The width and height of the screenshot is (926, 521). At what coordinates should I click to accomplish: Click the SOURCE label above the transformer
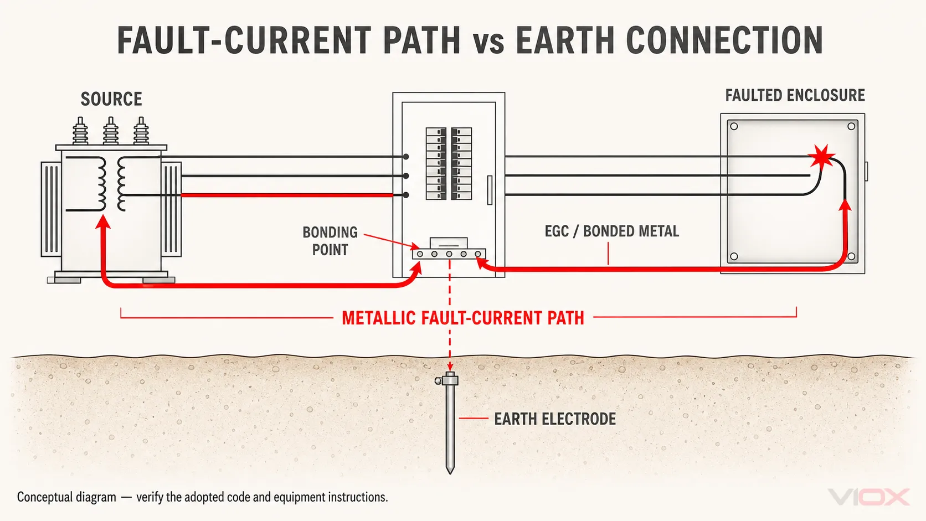[111, 99]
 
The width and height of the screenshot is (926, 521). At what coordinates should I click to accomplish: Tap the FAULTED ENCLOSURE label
[795, 95]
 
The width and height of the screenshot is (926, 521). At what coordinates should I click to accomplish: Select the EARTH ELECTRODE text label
[555, 419]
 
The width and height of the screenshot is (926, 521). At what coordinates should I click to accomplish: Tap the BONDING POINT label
[330, 241]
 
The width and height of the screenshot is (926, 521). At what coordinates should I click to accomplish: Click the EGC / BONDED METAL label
[612, 231]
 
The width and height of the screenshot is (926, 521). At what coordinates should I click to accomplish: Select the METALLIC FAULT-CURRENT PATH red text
[463, 318]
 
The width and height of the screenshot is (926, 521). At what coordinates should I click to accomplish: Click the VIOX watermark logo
[868, 497]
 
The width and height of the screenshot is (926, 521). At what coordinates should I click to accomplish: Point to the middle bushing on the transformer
[110, 131]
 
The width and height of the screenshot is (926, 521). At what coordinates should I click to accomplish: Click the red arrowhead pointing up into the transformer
[103, 222]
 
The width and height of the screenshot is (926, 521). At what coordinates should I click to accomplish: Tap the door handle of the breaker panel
[490, 190]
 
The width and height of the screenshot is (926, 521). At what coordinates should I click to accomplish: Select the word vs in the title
[488, 44]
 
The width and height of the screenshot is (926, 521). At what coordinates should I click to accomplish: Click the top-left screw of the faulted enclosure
[734, 126]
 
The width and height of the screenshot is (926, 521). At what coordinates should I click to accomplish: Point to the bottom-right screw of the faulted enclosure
[851, 256]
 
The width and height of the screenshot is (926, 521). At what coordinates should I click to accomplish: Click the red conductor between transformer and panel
[287, 195]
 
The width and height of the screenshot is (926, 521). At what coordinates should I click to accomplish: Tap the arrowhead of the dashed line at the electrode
[450, 367]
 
